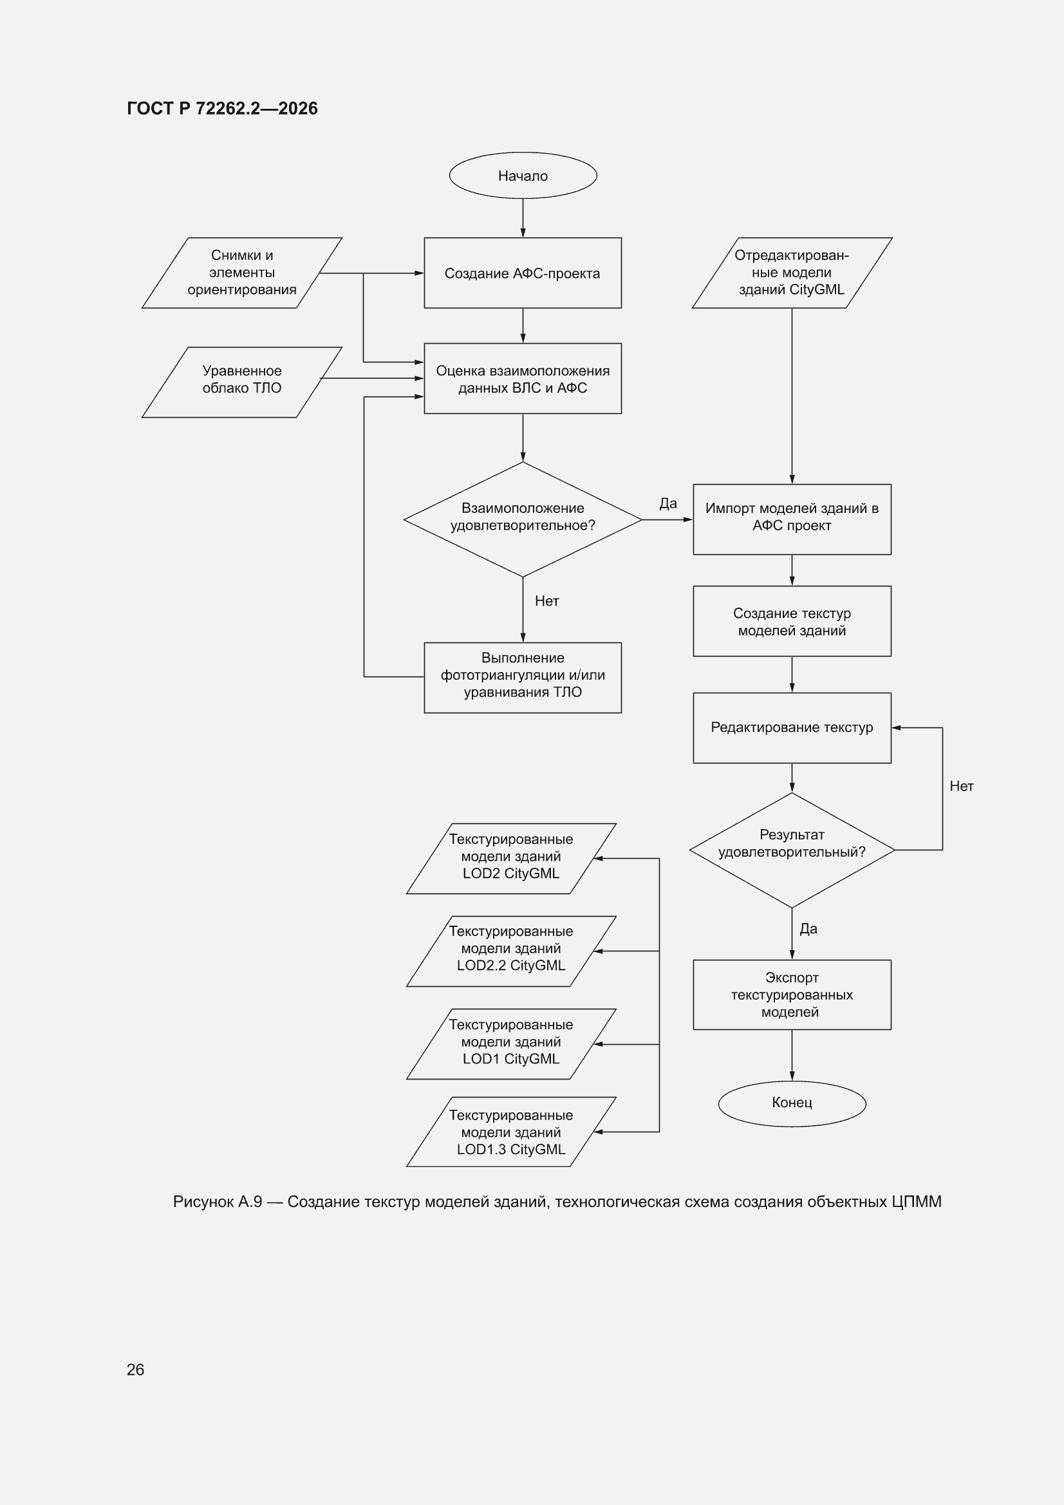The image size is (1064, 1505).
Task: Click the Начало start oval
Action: (523, 176)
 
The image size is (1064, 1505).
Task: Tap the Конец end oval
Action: (792, 1103)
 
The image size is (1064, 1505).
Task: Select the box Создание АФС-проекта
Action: (523, 273)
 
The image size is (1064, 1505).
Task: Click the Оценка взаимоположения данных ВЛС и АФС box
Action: (523, 379)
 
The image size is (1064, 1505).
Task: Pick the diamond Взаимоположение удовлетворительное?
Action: (523, 519)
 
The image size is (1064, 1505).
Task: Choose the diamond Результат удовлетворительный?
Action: (792, 850)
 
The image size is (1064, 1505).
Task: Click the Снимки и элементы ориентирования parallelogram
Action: (242, 273)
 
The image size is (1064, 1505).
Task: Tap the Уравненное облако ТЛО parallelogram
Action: (242, 382)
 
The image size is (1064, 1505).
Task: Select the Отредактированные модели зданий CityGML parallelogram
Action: (792, 273)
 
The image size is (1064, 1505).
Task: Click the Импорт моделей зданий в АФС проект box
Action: (792, 519)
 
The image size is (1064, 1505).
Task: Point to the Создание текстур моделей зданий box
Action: (792, 621)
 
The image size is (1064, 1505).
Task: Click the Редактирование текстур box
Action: (792, 727)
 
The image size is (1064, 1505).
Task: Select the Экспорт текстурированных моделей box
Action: (792, 995)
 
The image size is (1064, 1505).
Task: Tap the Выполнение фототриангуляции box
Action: (523, 677)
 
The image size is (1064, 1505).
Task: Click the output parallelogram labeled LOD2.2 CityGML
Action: (511, 951)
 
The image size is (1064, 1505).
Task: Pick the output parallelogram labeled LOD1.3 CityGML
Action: (511, 1132)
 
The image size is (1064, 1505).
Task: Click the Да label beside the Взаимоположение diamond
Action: (668, 503)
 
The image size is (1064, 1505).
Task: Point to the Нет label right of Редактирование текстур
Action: (961, 786)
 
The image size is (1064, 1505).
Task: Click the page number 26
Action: (135, 1369)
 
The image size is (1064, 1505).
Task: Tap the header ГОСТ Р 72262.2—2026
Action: (222, 108)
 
